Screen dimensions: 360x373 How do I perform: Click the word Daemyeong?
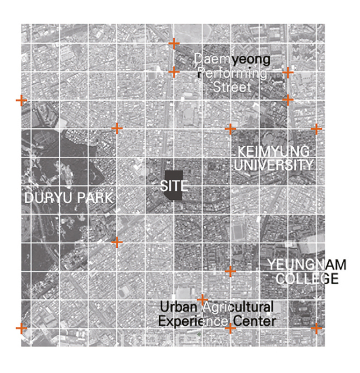coord(232,59)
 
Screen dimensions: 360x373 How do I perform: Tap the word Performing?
coord(232,73)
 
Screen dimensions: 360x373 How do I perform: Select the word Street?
coord(232,87)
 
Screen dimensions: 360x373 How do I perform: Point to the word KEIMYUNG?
coord(273,151)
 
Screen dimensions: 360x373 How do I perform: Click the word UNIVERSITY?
coord(273,165)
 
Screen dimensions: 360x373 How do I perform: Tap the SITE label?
coord(174,186)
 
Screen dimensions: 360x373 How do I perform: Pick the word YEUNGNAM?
coord(307,264)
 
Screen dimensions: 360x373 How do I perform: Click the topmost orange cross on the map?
coord(174,43)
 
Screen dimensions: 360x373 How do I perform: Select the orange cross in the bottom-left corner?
coord(21,328)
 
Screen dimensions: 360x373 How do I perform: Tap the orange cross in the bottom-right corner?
coord(316,328)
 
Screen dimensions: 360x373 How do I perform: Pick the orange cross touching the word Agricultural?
coord(203,299)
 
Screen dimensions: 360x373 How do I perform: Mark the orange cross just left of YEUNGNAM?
coord(231,271)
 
